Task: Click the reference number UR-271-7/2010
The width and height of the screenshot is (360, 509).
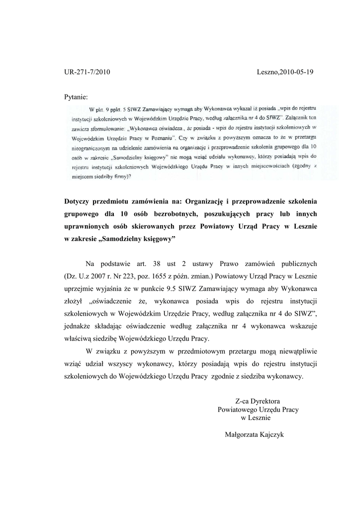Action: [x=87, y=72]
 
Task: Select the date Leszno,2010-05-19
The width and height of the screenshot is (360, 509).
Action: [x=285, y=72]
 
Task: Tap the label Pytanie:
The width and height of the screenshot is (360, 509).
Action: [x=76, y=96]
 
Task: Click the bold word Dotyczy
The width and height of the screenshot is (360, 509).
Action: [x=80, y=201]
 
